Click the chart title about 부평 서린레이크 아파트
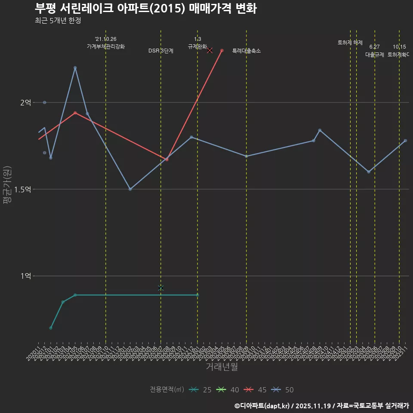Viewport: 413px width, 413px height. (145, 8)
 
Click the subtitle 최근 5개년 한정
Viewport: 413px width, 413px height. (58, 21)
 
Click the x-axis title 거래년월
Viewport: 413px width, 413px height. (222, 367)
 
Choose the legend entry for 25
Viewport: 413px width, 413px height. (200, 390)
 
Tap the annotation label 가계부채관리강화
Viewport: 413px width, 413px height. (106, 46)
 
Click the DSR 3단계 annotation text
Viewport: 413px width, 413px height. (161, 51)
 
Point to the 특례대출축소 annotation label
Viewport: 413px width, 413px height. (247, 51)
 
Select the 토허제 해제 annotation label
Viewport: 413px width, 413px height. (350, 43)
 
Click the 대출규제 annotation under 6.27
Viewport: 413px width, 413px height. (375, 55)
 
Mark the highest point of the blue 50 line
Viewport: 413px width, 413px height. (75, 68)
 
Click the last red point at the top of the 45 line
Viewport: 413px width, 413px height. (222, 50)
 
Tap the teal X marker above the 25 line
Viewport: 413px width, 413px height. (161, 288)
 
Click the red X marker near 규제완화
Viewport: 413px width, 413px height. (210, 50)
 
